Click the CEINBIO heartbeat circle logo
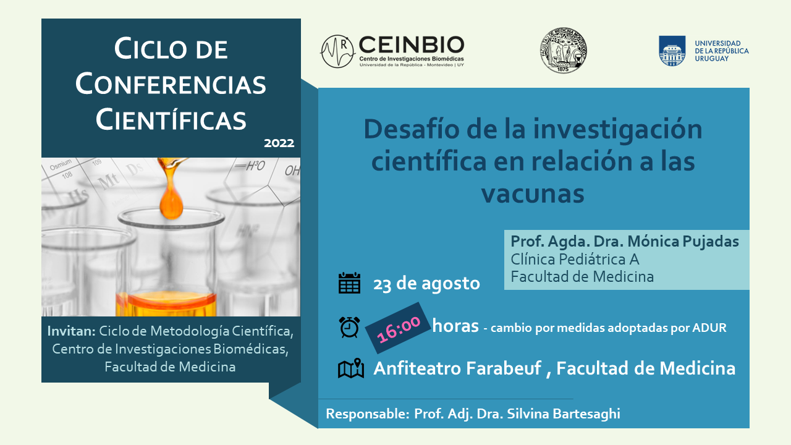(337, 51)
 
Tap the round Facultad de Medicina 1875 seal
(563, 50)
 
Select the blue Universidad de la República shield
(672, 51)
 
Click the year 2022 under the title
(279, 143)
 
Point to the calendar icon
(349, 283)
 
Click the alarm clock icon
(349, 327)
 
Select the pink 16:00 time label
(399, 328)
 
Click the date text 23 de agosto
(426, 283)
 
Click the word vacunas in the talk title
(533, 193)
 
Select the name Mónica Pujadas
(683, 242)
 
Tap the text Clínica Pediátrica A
(575, 259)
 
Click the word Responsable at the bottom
(367, 413)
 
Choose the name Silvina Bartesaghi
(563, 413)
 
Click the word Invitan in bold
(71, 331)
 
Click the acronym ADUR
(709, 328)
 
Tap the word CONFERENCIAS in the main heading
(171, 85)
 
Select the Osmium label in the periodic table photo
(61, 164)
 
